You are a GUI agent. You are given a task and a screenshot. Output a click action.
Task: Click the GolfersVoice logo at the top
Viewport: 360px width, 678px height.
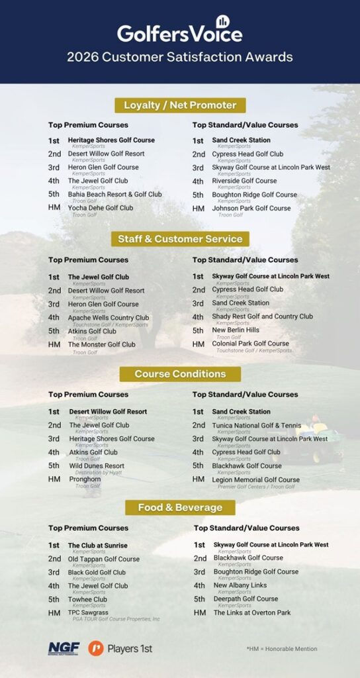tap(179, 31)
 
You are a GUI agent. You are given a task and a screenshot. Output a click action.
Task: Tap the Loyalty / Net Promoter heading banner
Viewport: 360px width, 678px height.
tap(179, 105)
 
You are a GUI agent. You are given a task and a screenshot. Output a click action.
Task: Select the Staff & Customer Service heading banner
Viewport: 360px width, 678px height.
tap(179, 239)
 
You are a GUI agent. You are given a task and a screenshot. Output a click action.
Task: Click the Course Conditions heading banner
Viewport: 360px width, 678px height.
tap(180, 374)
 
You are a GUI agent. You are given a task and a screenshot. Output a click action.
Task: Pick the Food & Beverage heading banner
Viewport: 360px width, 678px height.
tap(180, 508)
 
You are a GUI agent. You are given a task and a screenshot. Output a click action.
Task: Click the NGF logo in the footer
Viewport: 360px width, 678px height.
tap(63, 648)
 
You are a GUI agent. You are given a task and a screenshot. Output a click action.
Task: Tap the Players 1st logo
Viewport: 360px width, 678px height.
tap(120, 648)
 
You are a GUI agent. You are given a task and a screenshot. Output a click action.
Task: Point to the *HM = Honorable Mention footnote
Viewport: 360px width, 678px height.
tap(281, 649)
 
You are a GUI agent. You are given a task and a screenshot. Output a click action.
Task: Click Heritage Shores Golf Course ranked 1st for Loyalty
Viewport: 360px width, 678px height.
tap(111, 140)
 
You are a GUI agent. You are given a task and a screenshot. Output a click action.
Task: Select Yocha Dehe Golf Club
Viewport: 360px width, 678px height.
tap(100, 208)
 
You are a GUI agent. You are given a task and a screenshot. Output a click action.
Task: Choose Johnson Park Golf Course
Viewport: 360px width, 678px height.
tap(251, 208)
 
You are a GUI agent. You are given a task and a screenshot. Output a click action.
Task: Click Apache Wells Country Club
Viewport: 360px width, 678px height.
tap(108, 318)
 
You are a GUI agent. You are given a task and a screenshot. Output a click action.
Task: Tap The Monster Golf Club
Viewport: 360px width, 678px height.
tap(101, 344)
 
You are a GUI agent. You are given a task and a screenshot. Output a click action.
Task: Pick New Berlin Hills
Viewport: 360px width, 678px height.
tap(236, 330)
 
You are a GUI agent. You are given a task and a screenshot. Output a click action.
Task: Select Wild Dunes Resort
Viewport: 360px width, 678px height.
tap(96, 466)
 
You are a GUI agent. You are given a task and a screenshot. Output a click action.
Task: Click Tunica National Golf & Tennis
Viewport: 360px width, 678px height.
tap(256, 425)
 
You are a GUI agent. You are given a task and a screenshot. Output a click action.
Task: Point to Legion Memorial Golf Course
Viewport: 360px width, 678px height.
tap(255, 479)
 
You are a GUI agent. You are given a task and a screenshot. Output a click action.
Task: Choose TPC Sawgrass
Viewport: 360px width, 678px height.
tap(88, 612)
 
